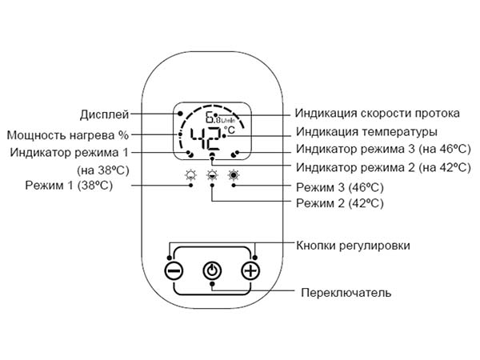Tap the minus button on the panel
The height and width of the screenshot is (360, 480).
coord(174,271)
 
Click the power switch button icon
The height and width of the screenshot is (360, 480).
coord(212,271)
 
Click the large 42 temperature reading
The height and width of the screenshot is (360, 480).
coord(206,138)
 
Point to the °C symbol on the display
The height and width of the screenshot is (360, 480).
coord(230,130)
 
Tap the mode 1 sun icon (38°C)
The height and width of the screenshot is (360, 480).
coord(191,175)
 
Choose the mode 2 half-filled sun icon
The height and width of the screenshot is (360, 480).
coord(212,175)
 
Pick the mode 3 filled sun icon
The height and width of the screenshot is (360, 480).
coord(234,175)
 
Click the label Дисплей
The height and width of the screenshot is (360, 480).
coord(104,114)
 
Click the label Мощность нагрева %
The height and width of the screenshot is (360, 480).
coord(68,135)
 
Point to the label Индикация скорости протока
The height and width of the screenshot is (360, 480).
coord(377,114)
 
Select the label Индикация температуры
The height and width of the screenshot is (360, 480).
coord(366,132)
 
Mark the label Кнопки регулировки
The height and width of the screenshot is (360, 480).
coord(353,246)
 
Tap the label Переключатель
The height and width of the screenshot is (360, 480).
coord(346,293)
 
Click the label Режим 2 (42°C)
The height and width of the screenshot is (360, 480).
coord(340,203)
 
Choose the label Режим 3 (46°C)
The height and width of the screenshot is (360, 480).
coord(340,187)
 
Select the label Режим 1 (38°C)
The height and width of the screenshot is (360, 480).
coord(69,186)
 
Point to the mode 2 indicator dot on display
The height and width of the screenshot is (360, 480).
coord(212,154)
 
